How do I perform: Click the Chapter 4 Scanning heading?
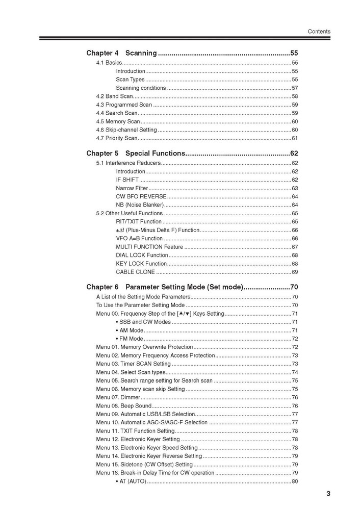(122, 53)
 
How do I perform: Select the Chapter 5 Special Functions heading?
(135, 153)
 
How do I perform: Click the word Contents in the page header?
(319, 32)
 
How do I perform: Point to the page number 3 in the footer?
(328, 493)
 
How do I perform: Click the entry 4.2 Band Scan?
(115, 96)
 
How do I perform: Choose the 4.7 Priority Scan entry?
(117, 138)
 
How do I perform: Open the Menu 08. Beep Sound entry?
(124, 406)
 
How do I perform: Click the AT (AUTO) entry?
(131, 481)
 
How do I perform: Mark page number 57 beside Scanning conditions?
(295, 88)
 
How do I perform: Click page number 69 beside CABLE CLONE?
(295, 272)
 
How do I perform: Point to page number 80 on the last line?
(295, 481)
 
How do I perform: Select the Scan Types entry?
(130, 80)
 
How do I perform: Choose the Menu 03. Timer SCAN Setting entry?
(133, 364)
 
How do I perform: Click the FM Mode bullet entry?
(130, 339)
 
